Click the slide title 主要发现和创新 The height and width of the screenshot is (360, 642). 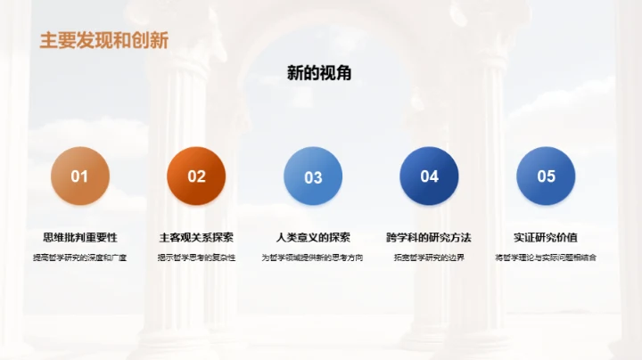pos(104,40)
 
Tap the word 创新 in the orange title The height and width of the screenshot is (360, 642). pos(152,40)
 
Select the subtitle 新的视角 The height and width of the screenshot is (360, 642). pos(319,73)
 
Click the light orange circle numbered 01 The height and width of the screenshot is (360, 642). pos(80,176)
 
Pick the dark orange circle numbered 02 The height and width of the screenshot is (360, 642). pos(196,176)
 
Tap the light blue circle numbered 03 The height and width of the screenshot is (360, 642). pos(313,176)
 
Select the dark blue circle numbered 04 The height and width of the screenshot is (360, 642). pos(429,176)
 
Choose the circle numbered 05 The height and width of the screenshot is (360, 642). pos(546,176)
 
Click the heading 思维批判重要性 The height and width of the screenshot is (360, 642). pos(80,237)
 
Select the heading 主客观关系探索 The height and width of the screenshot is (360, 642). pos(196,237)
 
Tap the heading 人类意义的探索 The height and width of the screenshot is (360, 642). pos(313,237)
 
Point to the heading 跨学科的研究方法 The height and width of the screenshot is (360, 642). pos(429,237)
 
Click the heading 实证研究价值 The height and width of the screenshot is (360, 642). pos(546,237)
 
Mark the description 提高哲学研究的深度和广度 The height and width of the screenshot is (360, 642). pos(80,258)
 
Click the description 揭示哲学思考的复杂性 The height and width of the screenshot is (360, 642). pos(196,258)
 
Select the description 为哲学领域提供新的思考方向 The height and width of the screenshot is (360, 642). pos(313,258)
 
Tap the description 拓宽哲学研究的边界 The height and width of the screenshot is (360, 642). pos(429,258)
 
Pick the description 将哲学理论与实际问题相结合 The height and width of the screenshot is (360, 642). pos(546,258)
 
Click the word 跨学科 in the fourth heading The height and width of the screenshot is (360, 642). pos(403,237)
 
